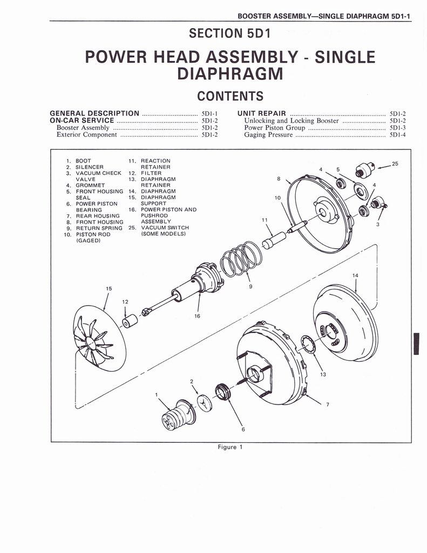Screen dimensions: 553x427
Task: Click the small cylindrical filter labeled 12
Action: click(130, 322)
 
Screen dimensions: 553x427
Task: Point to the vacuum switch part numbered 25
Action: click(365, 171)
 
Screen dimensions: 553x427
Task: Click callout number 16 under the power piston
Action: click(197, 316)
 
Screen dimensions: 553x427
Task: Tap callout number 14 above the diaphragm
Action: click(355, 275)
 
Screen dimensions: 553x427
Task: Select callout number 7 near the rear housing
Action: click(328, 404)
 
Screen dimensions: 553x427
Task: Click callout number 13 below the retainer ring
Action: click(323, 374)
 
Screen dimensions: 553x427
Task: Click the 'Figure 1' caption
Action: click(227, 447)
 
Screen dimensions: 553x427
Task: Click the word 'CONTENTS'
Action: click(230, 96)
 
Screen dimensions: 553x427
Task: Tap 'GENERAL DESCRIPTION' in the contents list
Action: click(94, 113)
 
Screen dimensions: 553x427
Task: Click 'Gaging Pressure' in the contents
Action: click(268, 135)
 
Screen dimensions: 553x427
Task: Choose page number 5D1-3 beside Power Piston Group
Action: click(397, 128)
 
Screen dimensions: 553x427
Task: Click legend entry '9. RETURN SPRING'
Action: click(94, 228)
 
